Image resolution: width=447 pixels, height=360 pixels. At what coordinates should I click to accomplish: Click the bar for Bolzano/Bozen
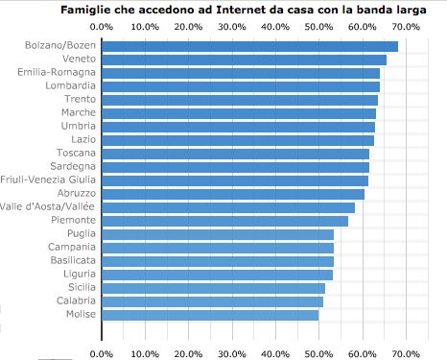(249, 46)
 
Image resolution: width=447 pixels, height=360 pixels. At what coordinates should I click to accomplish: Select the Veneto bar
(244, 60)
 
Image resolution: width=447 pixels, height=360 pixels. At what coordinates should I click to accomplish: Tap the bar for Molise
(210, 314)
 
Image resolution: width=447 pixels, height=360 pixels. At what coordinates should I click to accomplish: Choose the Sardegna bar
(235, 167)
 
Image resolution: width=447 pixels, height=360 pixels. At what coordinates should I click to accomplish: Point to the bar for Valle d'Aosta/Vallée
(228, 207)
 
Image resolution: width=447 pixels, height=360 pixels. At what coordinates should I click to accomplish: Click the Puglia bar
(218, 234)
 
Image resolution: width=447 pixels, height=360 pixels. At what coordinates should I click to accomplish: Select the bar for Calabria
(212, 300)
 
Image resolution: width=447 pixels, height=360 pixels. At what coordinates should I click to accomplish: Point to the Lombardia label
(68, 86)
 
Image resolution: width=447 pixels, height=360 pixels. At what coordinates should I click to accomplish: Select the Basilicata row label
(68, 260)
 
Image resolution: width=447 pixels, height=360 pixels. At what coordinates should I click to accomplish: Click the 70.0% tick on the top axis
(407, 26)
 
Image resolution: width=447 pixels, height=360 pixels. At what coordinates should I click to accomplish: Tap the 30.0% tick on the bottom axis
(232, 353)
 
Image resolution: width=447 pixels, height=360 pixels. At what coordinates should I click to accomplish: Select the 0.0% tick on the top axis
(102, 26)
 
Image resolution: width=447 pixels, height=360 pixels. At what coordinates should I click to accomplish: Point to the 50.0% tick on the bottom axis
(319, 353)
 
